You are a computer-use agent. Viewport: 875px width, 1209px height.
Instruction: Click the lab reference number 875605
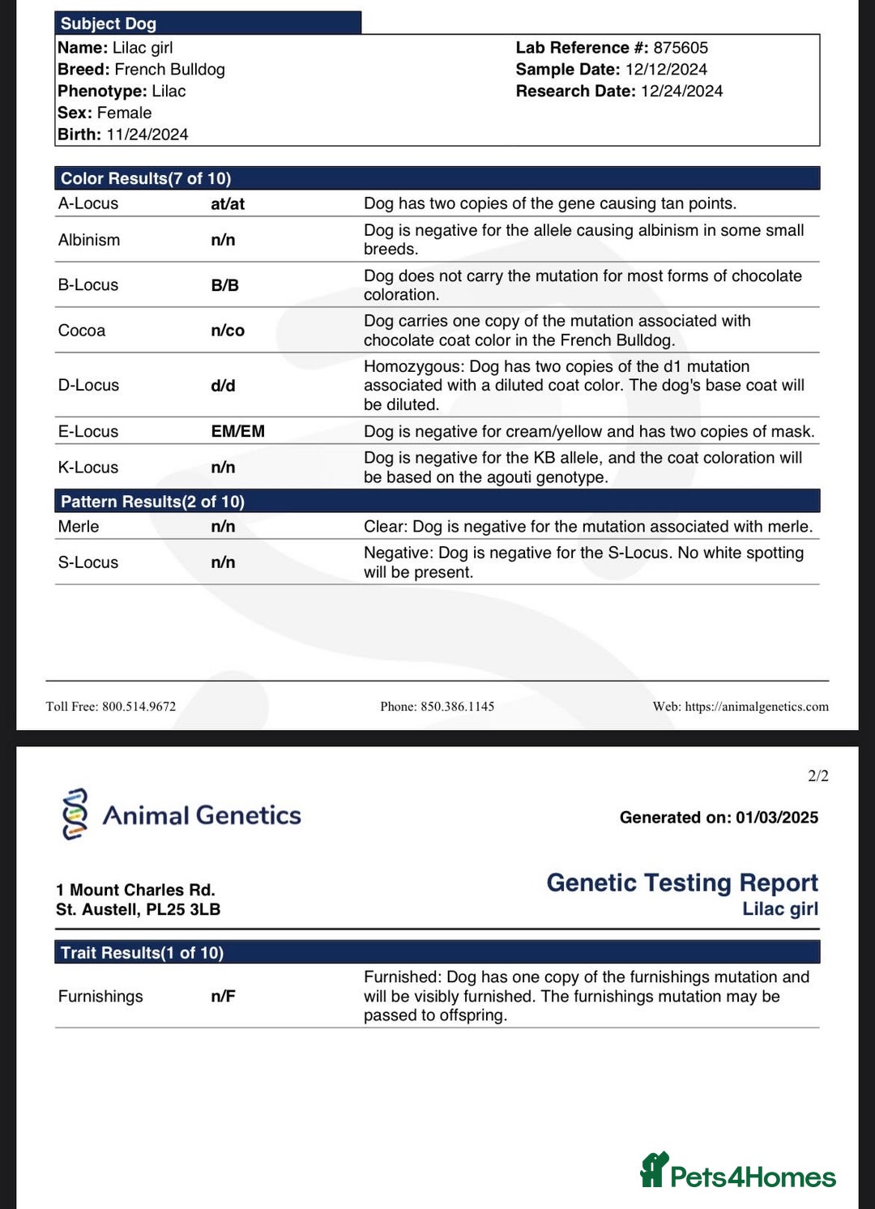click(x=681, y=48)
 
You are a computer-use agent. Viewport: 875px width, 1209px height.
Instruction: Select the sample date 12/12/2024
click(x=666, y=70)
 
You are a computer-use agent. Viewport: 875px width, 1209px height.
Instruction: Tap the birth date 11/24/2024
click(x=147, y=135)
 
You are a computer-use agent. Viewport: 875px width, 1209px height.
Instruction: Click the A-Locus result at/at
click(x=228, y=204)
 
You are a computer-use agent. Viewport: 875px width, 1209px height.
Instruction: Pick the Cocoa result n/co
click(x=228, y=331)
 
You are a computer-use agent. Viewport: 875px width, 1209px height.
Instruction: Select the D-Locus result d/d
click(x=223, y=386)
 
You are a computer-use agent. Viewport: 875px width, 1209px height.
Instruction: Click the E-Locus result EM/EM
click(x=237, y=431)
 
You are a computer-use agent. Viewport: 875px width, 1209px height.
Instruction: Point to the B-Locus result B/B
click(x=224, y=285)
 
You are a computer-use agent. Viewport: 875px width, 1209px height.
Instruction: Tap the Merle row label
click(x=79, y=527)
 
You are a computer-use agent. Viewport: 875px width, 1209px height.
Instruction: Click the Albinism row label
click(x=89, y=240)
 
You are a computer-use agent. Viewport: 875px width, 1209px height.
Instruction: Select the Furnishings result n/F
click(x=223, y=997)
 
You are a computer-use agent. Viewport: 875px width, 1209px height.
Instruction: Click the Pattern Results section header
click(x=152, y=502)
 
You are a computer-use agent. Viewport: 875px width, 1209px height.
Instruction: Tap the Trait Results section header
click(x=142, y=953)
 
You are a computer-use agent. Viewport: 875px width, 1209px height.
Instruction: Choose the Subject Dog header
click(x=109, y=23)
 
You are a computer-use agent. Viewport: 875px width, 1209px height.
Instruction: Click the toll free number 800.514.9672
click(x=139, y=707)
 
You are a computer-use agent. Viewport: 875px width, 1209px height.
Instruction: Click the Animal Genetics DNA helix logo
click(x=75, y=814)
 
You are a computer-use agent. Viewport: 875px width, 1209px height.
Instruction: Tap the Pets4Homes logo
click(x=738, y=1172)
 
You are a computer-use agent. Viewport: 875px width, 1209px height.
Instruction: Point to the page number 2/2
click(x=818, y=776)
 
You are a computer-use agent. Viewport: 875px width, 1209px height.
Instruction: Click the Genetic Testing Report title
click(x=682, y=882)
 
